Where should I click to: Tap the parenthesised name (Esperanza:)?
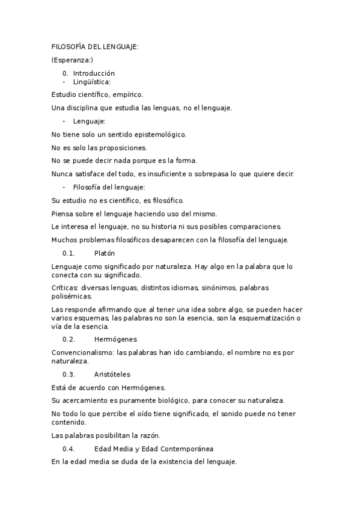tap(72, 60)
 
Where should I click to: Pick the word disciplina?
tap(84, 108)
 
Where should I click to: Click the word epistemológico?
tap(157, 134)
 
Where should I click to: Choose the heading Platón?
tap(105, 253)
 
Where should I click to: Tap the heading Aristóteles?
tap(112, 374)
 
